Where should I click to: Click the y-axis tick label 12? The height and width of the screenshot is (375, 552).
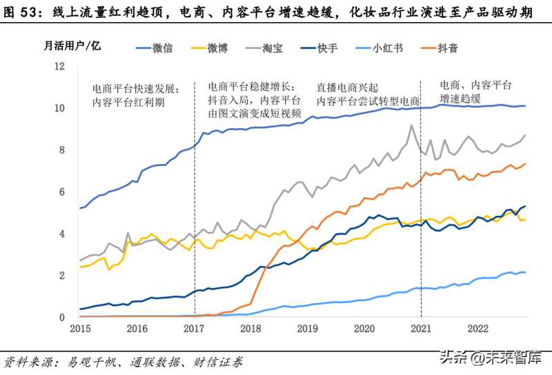[x=59, y=66]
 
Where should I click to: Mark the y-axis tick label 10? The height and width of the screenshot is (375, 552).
[x=59, y=108]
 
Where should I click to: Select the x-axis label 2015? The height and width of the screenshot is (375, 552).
[x=81, y=329]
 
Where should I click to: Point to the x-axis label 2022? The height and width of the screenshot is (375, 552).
[x=478, y=329]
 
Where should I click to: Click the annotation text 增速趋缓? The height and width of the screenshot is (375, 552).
[x=461, y=99]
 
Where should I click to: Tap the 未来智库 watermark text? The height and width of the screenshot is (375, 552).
[x=515, y=358]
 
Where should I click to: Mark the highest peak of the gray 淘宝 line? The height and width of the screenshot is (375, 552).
[x=412, y=125]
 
